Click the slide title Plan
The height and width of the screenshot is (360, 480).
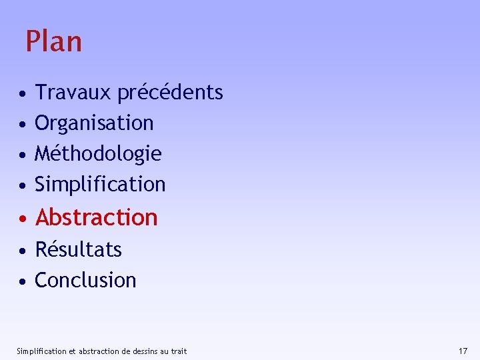click(54, 41)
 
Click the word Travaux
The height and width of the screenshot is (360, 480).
click(73, 92)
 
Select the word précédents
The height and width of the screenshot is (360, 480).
click(170, 92)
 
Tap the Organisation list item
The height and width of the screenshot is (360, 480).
click(94, 123)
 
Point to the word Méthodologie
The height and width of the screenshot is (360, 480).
click(98, 154)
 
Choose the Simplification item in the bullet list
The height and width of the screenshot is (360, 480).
click(100, 184)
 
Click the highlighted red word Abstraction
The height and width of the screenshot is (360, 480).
click(97, 217)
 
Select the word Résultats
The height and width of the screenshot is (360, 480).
click(78, 249)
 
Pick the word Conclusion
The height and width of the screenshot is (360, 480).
click(85, 280)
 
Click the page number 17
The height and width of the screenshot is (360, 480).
click(463, 351)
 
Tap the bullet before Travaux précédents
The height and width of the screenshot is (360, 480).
click(23, 93)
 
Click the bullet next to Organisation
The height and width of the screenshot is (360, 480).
click(23, 124)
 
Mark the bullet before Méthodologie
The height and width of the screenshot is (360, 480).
click(23, 155)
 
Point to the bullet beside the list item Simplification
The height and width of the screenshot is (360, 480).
click(23, 185)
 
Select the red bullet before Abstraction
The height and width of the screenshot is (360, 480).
click(23, 219)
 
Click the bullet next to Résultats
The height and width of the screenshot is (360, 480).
click(23, 251)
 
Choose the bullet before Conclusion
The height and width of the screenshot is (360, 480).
click(23, 281)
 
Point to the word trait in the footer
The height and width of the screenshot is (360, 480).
click(179, 351)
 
